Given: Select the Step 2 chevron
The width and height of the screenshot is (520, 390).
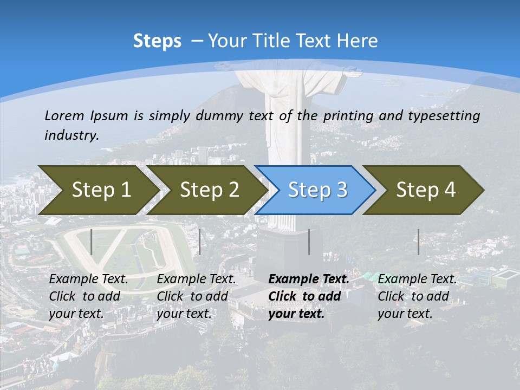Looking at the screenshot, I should pyautogui.click(x=209, y=190).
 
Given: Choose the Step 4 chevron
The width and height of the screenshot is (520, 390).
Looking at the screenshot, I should pyautogui.click(x=425, y=190).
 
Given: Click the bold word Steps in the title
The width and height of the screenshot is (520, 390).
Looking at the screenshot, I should pyautogui.click(x=157, y=41).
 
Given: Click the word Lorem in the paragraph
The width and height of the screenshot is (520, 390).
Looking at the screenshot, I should pyautogui.click(x=64, y=116).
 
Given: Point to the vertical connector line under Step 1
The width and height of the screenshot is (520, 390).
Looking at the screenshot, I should pyautogui.click(x=92, y=242).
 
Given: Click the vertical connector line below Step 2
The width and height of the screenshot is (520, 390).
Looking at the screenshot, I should pyautogui.click(x=200, y=242).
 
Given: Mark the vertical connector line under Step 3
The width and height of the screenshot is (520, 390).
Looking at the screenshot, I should pyautogui.click(x=309, y=242).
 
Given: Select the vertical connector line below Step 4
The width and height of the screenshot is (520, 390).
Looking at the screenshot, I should pyautogui.click(x=418, y=242).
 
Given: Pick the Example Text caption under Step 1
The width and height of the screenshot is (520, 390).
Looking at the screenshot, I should pyautogui.click(x=89, y=279).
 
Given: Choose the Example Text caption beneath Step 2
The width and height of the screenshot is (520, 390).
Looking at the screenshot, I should pyautogui.click(x=196, y=279).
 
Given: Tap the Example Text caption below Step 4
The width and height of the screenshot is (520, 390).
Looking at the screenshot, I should pyautogui.click(x=417, y=279).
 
